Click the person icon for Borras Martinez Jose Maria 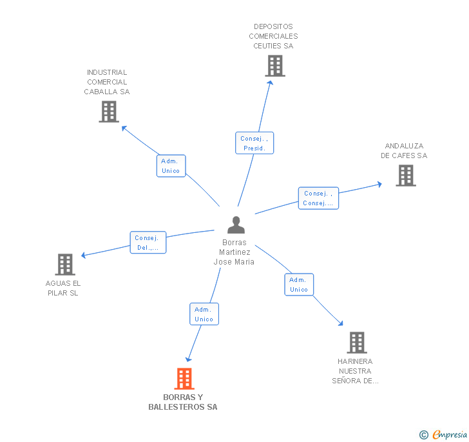pyautogui.click(x=236, y=225)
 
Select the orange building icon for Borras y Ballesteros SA pyautogui.click(x=184, y=379)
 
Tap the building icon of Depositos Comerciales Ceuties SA pyautogui.click(x=275, y=66)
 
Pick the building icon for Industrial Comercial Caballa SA pyautogui.click(x=109, y=112)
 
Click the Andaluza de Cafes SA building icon pyautogui.click(x=405, y=176)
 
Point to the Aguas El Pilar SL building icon pyautogui.click(x=65, y=265)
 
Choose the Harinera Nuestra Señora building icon pyautogui.click(x=356, y=343)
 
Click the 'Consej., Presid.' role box pyautogui.click(x=254, y=143)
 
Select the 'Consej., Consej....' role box pyautogui.click(x=318, y=198)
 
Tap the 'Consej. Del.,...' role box pyautogui.click(x=148, y=243)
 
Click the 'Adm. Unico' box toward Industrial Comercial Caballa pyautogui.click(x=171, y=166)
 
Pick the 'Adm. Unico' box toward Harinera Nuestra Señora pyautogui.click(x=299, y=285)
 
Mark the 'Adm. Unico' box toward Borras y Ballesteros pyautogui.click(x=204, y=314)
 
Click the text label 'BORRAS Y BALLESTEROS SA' pyautogui.click(x=183, y=402)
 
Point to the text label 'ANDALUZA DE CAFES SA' pyautogui.click(x=404, y=151)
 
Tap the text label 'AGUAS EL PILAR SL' pyautogui.click(x=63, y=288)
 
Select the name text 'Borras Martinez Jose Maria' pyautogui.click(x=235, y=252)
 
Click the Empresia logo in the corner pyautogui.click(x=445, y=435)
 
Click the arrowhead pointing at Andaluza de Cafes pyautogui.click(x=379, y=185)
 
